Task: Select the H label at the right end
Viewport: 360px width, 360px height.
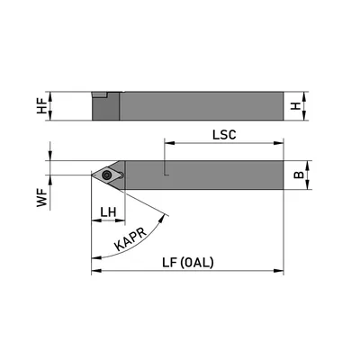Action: (x=297, y=106)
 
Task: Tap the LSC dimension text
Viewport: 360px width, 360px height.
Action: (x=224, y=134)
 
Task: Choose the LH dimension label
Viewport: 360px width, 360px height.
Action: (x=109, y=211)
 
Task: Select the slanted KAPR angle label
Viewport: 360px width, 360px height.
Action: (x=131, y=236)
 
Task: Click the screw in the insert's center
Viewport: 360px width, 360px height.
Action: (x=108, y=175)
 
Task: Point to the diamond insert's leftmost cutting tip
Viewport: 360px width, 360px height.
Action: (x=92, y=175)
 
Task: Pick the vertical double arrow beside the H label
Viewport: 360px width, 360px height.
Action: (x=311, y=106)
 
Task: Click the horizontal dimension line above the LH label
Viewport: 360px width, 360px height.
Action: (x=108, y=221)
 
